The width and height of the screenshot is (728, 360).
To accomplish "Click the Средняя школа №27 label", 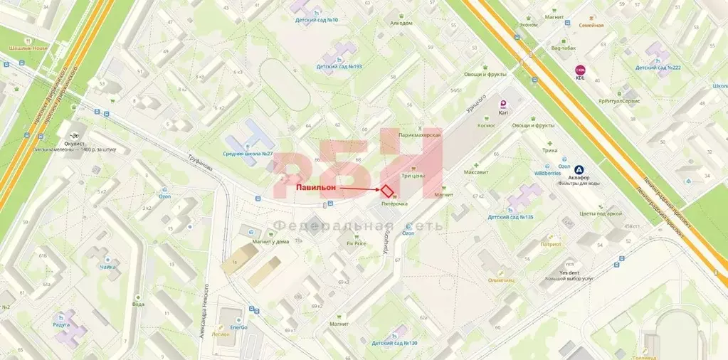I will [x=248, y=154].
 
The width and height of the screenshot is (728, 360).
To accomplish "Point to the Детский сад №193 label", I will [x=339, y=67].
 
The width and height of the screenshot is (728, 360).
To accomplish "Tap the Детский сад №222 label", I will [x=658, y=68].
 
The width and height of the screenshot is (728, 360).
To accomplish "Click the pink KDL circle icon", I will [x=580, y=70].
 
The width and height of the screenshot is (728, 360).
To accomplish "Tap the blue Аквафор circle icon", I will [x=580, y=170].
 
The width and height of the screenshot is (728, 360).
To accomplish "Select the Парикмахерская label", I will [x=420, y=135].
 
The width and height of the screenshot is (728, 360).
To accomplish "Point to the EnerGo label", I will [x=238, y=327].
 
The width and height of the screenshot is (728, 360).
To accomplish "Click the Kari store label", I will [x=503, y=112].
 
